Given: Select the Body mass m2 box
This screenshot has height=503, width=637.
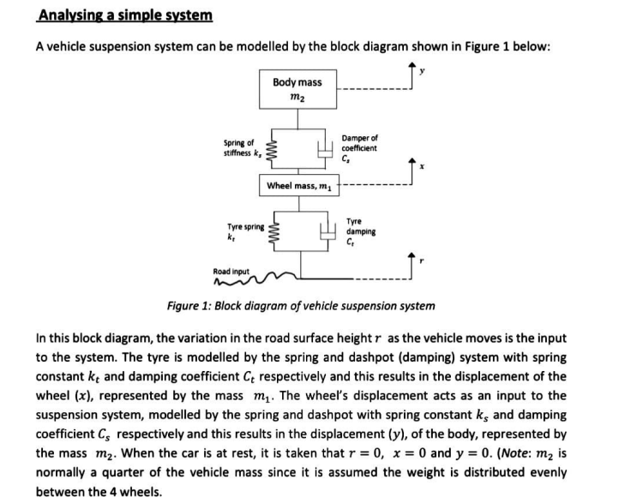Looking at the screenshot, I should (297, 89).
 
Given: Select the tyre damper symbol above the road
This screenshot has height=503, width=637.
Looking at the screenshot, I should (326, 231).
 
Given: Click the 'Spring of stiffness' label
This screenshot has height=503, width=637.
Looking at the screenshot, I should (241, 147).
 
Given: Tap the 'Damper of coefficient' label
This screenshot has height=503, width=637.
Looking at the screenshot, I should (358, 147).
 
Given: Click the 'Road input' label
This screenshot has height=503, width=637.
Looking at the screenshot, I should (231, 272).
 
